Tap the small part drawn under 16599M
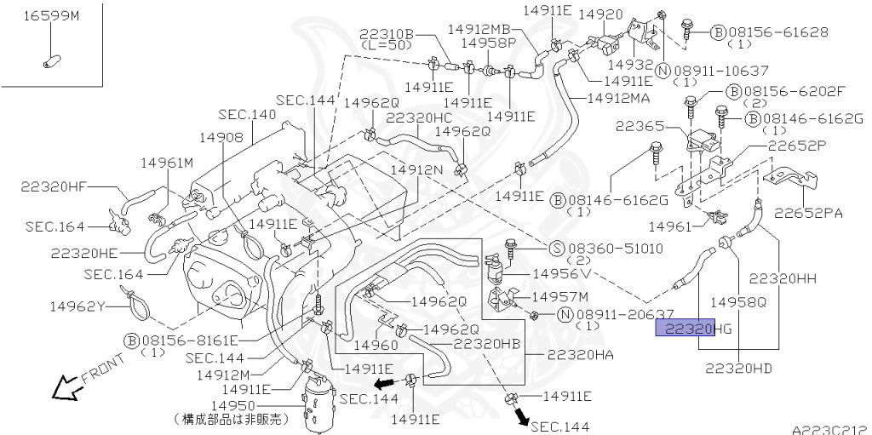pos(49,61)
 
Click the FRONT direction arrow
pos(66,389)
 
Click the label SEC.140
pos(247,113)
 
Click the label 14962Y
pos(77,305)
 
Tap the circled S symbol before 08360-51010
pos(555,248)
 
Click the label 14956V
pos(560,274)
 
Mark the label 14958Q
pos(738,300)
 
